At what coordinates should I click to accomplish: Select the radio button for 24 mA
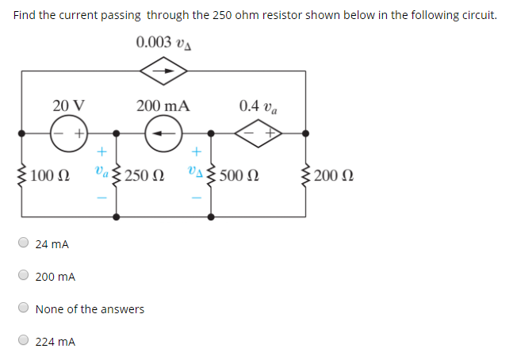tap(24, 243)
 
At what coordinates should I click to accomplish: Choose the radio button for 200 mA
tap(24, 276)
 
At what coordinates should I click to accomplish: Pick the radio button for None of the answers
tap(24, 308)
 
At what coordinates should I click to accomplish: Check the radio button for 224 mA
tap(24, 341)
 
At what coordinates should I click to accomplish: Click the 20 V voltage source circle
tap(69, 133)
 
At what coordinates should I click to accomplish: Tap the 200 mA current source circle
tap(164, 133)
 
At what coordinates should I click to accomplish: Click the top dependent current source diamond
tap(163, 70)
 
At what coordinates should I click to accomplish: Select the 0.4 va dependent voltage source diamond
tap(258, 133)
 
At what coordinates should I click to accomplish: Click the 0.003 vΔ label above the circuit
tap(164, 43)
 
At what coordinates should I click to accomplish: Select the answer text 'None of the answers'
tap(90, 309)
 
